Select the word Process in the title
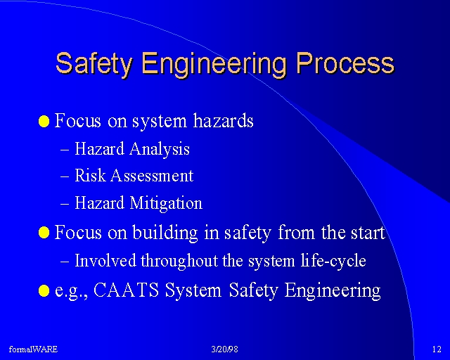345,63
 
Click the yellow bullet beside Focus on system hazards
44,121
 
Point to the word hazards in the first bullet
224,120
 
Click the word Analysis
160,149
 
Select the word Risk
90,175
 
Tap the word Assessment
152,175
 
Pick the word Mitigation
166,203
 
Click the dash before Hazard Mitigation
65,204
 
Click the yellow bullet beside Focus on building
44,232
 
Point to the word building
165,233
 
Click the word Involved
105,261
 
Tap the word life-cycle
333,261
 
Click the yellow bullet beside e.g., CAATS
44,290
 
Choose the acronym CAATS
127,290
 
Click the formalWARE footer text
33,349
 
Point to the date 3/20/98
225,349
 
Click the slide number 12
437,349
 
